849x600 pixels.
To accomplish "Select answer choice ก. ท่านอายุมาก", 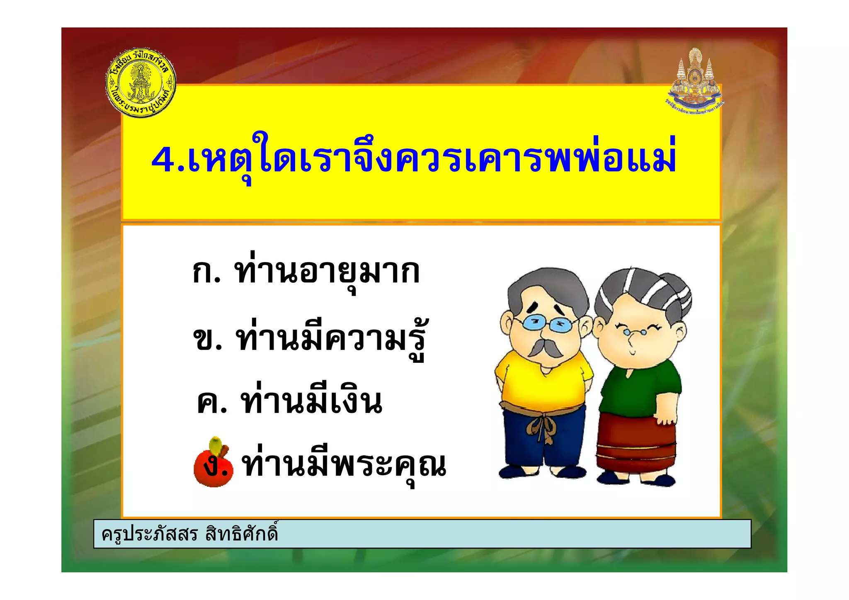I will (306, 273).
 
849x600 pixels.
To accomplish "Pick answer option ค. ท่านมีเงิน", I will (289, 401).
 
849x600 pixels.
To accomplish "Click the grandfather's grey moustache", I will (544, 347).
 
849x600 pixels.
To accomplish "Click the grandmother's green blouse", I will (638, 390).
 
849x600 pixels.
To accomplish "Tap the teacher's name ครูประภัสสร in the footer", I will (150, 534).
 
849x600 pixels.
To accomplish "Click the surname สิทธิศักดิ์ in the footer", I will (241, 533).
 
